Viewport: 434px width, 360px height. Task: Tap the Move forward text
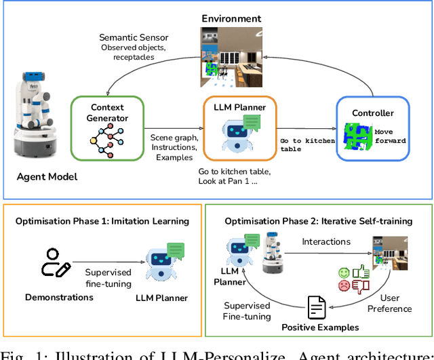pos(391,136)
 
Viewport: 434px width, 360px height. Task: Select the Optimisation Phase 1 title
pos(102,221)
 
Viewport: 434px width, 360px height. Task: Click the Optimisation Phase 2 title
pos(318,221)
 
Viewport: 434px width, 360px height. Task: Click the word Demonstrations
pos(58,297)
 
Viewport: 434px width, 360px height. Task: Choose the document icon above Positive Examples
pos(317,309)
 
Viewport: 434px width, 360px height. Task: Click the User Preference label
pos(389,303)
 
